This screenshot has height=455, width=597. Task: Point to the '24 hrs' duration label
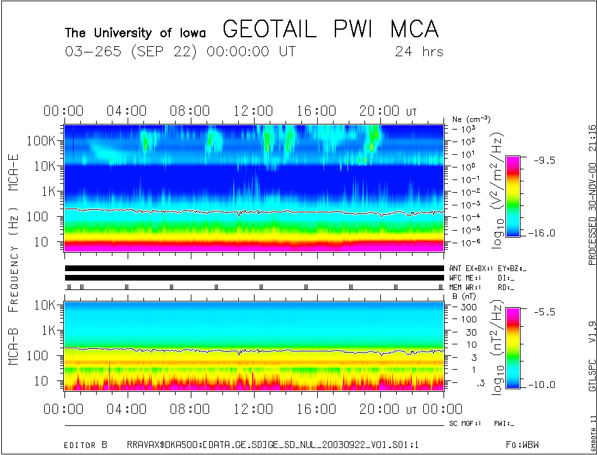point(419,52)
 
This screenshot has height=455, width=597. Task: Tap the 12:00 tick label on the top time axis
point(253,111)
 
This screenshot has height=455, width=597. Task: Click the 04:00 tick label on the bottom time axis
point(128,409)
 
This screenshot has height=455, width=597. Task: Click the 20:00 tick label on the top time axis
point(379,111)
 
